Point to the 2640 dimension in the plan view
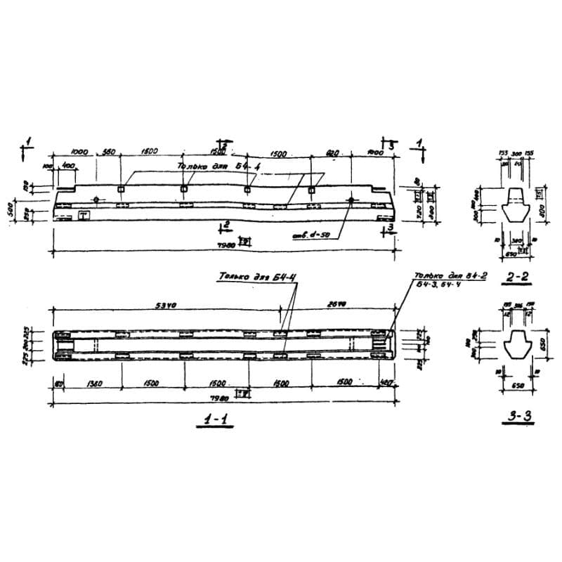(x=338, y=305)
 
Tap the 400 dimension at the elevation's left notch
(x=68, y=164)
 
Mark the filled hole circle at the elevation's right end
(x=351, y=200)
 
